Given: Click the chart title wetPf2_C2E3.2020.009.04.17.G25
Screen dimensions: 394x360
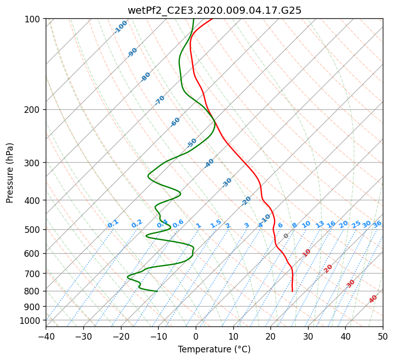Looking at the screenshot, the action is (215, 11).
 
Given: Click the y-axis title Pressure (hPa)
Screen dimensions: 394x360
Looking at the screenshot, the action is (9, 173).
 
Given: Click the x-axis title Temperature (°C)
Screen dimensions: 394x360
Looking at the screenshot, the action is (215, 349).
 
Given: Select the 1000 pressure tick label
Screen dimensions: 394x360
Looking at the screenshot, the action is (33, 321).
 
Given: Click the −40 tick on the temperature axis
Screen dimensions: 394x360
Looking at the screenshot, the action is (46, 336).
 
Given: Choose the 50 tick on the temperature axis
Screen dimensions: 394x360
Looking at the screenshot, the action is (383, 336).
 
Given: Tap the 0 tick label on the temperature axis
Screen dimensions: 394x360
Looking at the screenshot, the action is (196, 336).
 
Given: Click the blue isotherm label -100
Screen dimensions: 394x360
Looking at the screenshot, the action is (120, 27).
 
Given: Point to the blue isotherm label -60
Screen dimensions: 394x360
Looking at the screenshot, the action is (175, 122).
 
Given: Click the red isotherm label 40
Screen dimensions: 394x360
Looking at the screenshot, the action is (373, 299).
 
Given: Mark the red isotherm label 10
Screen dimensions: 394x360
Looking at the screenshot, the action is (307, 253).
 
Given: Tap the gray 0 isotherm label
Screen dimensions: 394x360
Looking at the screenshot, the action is (286, 236).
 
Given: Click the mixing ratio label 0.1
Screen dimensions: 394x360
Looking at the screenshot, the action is (113, 224).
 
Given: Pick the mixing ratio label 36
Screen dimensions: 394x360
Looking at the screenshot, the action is (377, 224).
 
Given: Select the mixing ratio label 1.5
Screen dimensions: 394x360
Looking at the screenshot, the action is (216, 224).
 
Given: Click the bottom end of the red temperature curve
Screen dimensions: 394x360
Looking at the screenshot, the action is (292, 291).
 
